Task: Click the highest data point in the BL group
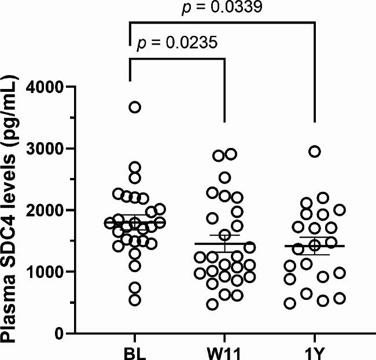[x=135, y=107]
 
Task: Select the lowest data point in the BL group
[x=135, y=300]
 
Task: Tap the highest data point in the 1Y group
[x=315, y=151]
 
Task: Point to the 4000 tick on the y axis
[x=60, y=87]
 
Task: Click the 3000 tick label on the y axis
[x=60, y=149]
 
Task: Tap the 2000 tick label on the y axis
[x=60, y=210]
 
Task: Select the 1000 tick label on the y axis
[x=60, y=272]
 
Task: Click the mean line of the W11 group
[x=224, y=243]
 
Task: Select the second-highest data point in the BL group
[x=135, y=168]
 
